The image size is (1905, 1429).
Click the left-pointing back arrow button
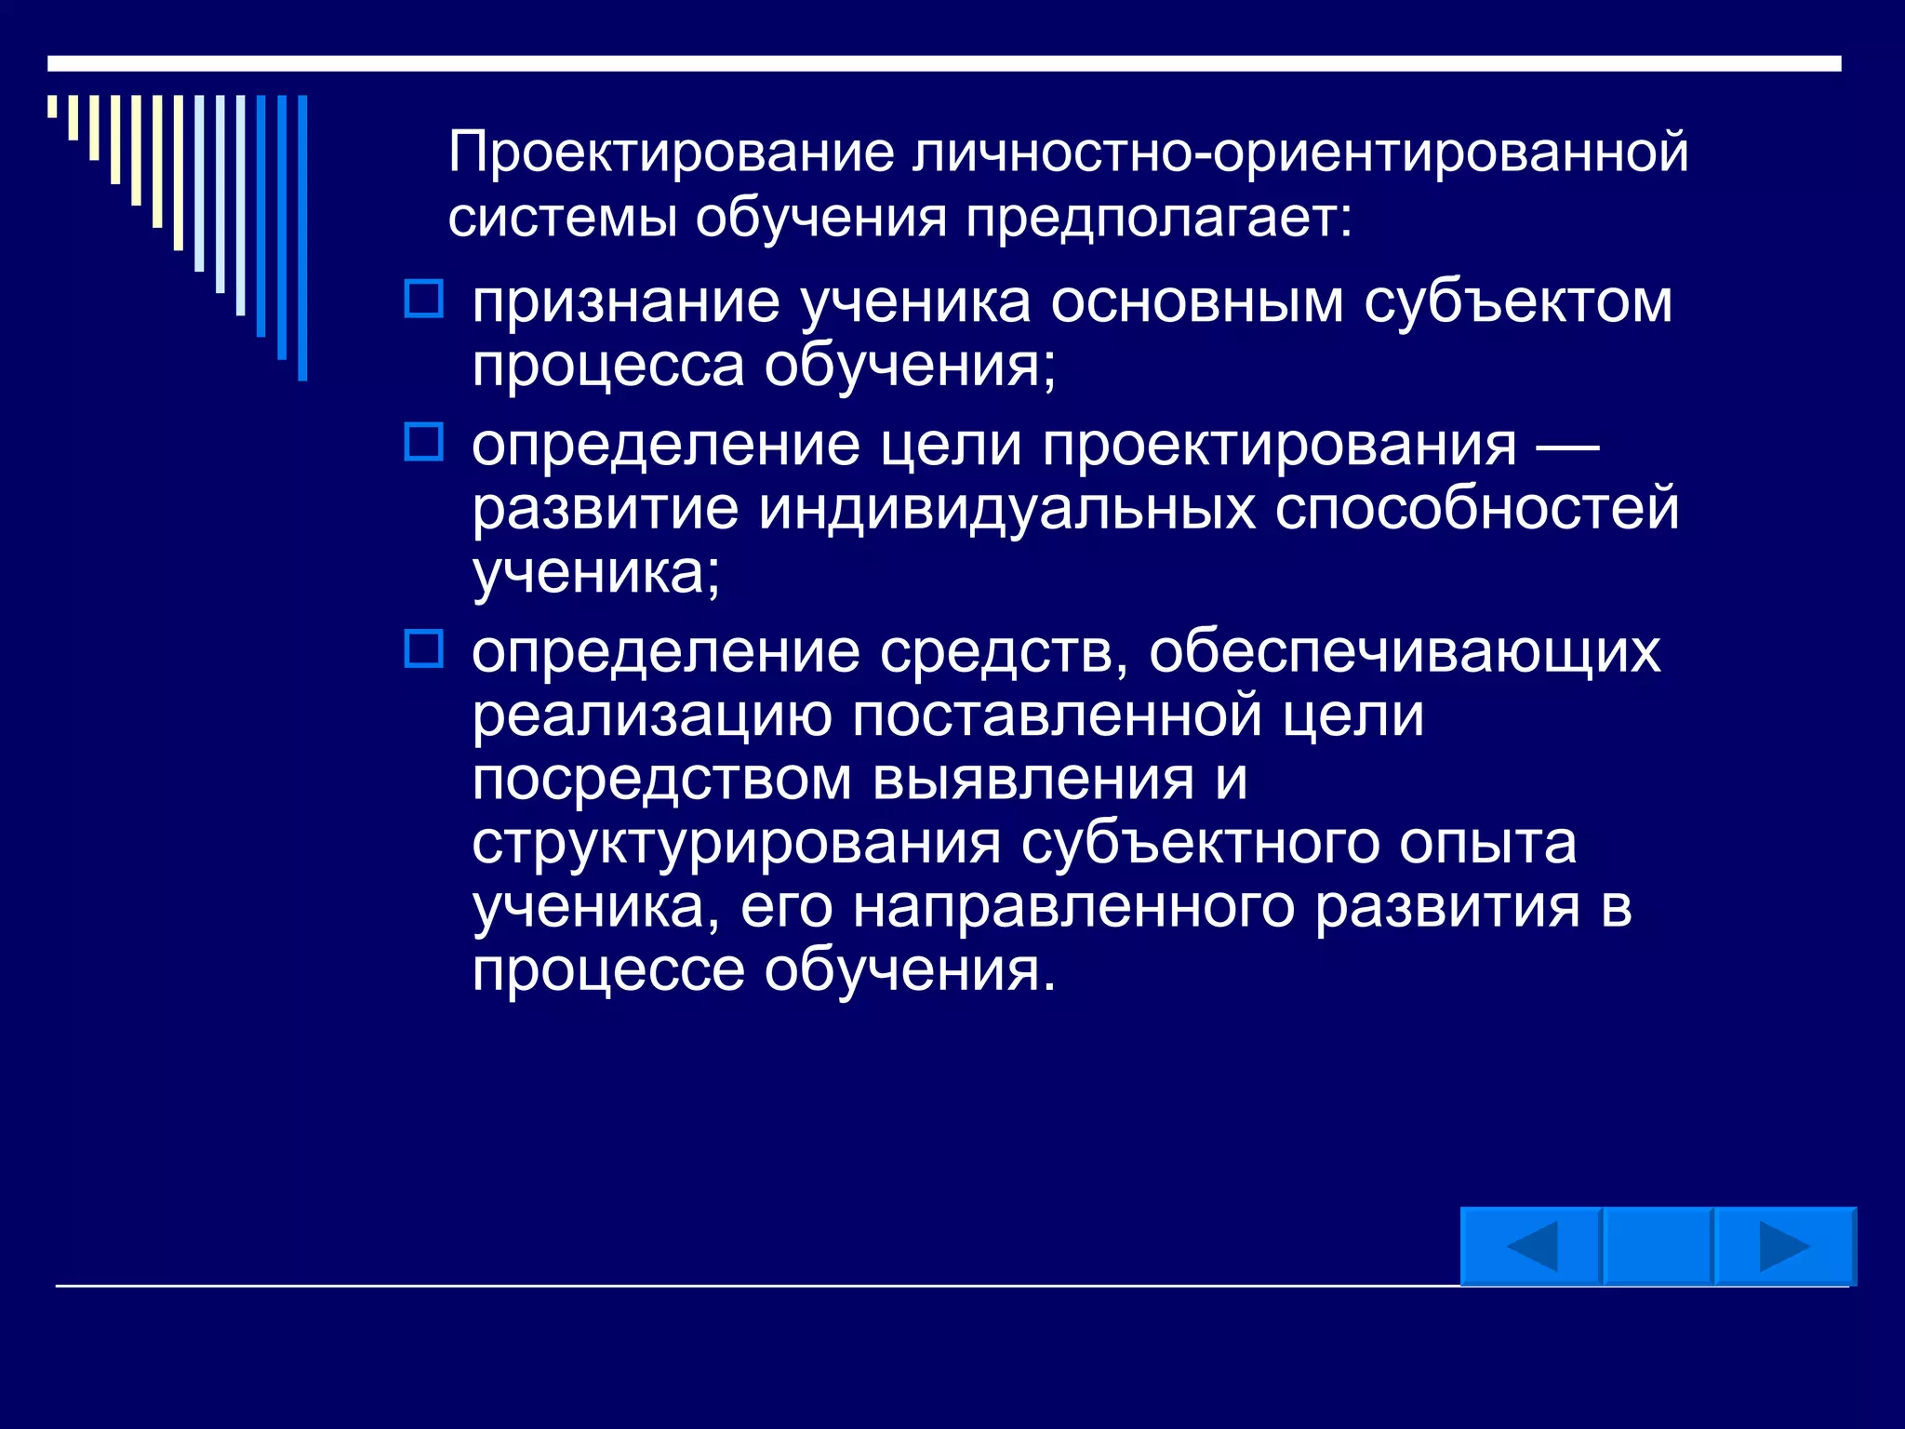[1530, 1247]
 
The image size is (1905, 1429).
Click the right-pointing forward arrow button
[1784, 1247]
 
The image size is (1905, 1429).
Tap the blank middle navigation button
[1658, 1247]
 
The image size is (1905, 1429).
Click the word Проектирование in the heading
[671, 153]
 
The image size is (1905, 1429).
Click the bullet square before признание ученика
[424, 300]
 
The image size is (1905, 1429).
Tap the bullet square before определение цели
[424, 442]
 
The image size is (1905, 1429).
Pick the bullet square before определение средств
[424, 648]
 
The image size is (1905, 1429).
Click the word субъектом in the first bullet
[1518, 302]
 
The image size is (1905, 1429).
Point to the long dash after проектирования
[1566, 447]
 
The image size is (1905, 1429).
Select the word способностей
[1476, 509]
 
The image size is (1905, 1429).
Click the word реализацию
[651, 716]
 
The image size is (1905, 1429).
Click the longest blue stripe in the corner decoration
[302, 238]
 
